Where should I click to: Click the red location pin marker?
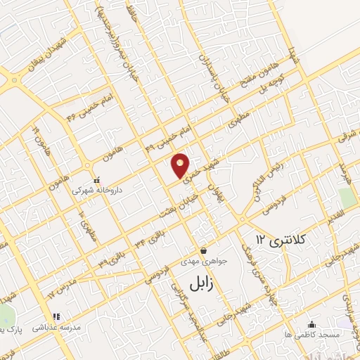pos(181,165)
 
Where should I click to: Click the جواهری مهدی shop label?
pos(202,261)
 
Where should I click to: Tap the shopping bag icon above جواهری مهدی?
pos(202,250)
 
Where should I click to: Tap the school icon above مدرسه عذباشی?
pos(56,317)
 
